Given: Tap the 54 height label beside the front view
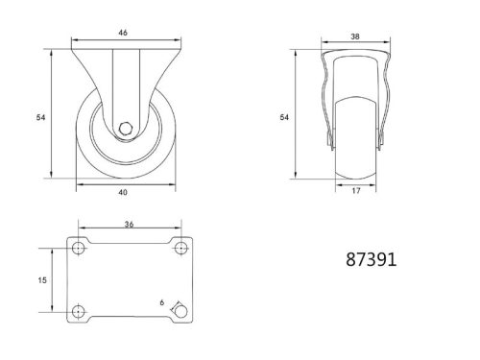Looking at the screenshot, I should coord(40,117).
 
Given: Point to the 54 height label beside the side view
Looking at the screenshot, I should coord(283,117).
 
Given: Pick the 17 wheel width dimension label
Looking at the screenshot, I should coord(357,190).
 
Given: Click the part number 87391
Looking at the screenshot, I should coord(370,259).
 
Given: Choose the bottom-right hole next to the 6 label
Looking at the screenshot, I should coord(179,311).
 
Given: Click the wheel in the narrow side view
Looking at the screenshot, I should coord(357,144).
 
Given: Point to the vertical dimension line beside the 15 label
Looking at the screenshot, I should coord(53,279).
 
